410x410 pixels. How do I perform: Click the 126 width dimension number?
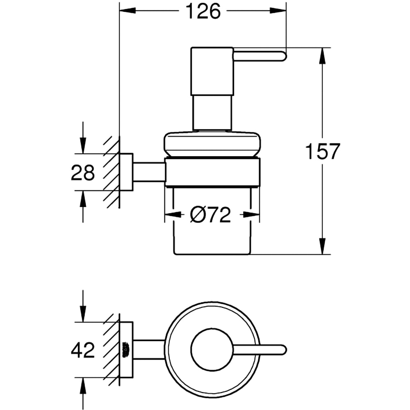(204, 11)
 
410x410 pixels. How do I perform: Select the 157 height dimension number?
(323, 152)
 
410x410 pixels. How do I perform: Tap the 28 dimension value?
(83, 173)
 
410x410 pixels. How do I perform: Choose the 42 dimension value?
(83, 351)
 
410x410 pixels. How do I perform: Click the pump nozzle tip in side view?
(282, 56)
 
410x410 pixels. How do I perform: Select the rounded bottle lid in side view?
(212, 143)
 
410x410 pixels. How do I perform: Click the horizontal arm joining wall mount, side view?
(149, 172)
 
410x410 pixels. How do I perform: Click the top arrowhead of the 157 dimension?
(323, 54)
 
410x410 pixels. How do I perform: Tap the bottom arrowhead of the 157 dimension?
(323, 248)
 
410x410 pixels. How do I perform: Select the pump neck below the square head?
(212, 113)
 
